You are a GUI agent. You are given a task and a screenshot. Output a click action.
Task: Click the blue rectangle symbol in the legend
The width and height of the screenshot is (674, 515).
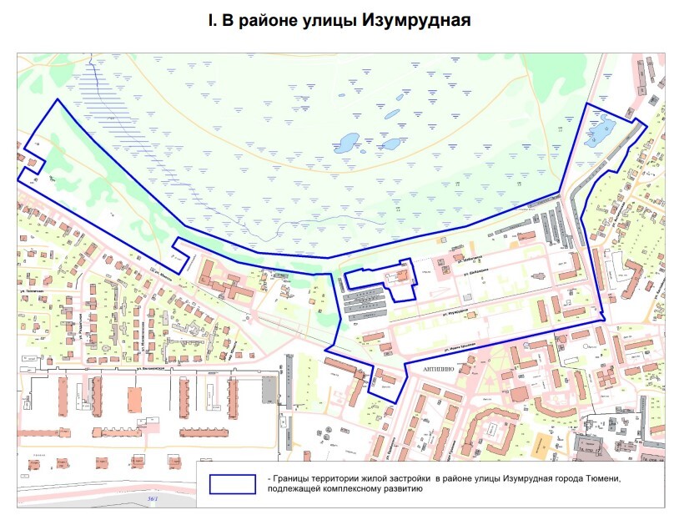click(x=233, y=485)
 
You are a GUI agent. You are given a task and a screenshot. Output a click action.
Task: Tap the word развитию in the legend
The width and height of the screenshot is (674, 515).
click(x=391, y=491)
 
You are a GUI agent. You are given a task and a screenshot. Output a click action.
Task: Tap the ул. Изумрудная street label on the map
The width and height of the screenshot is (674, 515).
click(x=450, y=312)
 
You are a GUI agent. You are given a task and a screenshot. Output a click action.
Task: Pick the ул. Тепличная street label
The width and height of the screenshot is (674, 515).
click(x=31, y=235)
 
